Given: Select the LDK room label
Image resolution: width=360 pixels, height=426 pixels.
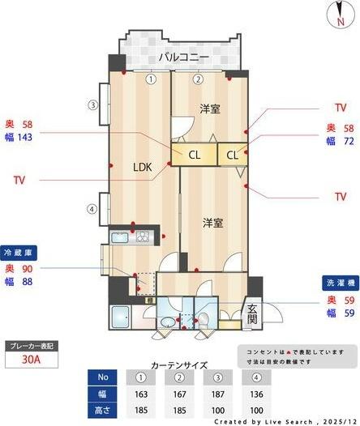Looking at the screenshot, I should point(144,168).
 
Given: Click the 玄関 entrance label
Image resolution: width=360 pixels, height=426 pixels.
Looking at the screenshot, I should point(252,313).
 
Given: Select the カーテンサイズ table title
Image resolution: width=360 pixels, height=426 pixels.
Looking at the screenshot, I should point(178,365).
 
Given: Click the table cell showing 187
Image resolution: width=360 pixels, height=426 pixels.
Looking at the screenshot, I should point(217,394).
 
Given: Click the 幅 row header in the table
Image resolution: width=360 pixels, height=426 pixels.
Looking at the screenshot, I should point(101,394).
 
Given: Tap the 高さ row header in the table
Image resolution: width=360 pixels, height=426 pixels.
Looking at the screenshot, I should point(101,411).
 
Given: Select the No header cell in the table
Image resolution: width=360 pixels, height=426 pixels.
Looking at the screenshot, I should point(101,377).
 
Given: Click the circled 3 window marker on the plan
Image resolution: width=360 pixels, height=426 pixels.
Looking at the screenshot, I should point(93,105).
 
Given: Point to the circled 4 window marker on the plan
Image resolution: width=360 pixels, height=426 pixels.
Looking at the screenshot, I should point(93,209).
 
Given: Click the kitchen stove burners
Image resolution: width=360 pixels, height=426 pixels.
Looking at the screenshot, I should point(144,236).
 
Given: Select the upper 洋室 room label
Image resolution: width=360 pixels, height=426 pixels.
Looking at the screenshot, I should point(211,109).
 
